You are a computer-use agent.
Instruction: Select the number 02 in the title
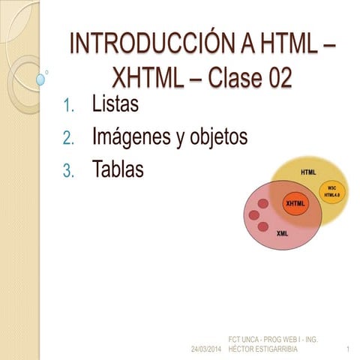tap(275, 77)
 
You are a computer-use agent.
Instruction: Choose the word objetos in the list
tap(218, 138)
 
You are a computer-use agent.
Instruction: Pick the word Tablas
tap(117, 169)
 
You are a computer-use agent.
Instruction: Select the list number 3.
tap(68, 172)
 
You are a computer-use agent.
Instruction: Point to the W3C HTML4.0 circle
tap(332, 191)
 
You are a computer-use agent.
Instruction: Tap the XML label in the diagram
tap(282, 233)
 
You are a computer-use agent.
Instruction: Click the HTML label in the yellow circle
tap(307, 172)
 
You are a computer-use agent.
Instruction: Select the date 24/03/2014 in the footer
tap(206, 350)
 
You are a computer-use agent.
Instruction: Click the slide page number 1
tap(349, 350)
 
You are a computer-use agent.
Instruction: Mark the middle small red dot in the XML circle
tap(253, 216)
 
